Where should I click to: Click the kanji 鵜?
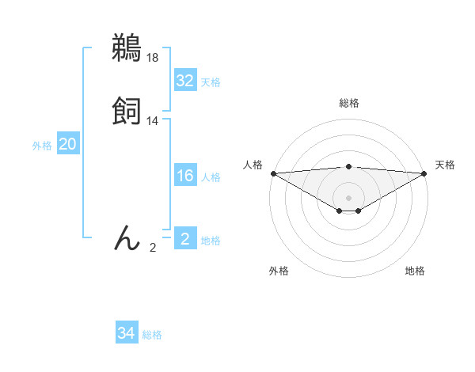pos(127,48)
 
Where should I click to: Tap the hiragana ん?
pos(127,237)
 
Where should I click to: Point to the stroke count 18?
pos(153,58)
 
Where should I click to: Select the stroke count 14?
pos(153,121)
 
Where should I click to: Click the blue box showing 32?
pos(185,81)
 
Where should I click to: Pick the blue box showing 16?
pos(185,176)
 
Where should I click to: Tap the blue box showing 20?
pos(67,144)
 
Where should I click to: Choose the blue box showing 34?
pos(127,334)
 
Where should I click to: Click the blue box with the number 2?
pos(185,239)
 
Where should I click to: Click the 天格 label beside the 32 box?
pos(211,82)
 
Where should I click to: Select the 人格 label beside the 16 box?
pos(211,177)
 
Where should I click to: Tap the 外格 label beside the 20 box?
pos(42,146)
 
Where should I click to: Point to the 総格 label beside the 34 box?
pos(152,336)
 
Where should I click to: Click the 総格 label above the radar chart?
pos(348,103)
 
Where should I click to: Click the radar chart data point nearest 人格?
pos(273,173)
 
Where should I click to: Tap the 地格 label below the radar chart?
pos(415,271)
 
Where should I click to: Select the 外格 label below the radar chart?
pos(279,271)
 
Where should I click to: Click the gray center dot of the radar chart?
pos(348,197)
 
